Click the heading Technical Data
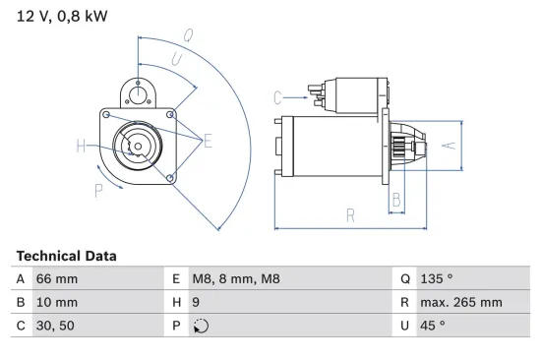66,256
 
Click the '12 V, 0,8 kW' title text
62,17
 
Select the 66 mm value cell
57,279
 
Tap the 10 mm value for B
57,302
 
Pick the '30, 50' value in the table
54,325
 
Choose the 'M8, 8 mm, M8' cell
236,279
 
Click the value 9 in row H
196,302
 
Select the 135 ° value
438,279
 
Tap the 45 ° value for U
434,325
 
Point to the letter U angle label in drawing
175,60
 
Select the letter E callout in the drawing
208,142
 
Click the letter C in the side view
278,96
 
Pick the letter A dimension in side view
447,146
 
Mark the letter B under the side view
395,201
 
